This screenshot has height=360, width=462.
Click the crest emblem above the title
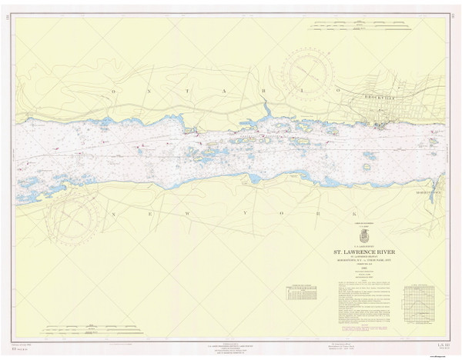click(364, 236)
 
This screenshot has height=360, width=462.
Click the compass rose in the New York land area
click(75, 220)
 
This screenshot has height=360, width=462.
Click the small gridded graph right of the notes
click(420, 298)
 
